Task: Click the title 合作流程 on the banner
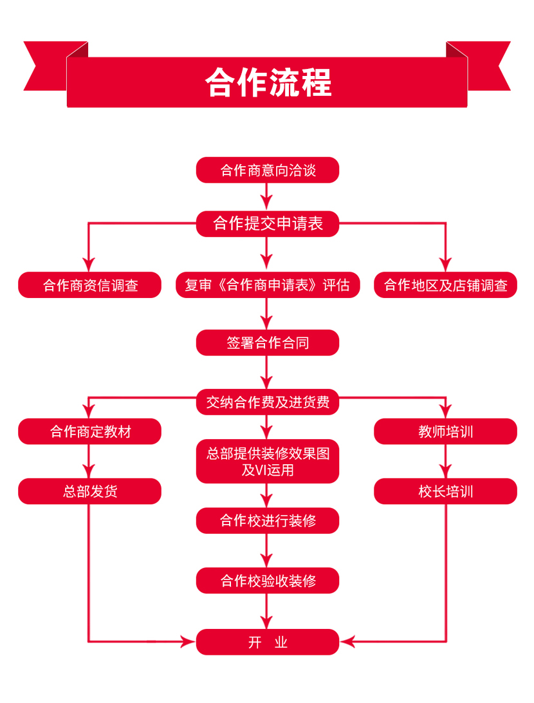point(268,82)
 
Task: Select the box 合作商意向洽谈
point(268,170)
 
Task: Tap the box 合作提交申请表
point(268,223)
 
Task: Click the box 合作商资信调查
point(89,285)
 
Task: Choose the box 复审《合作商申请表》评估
point(268,285)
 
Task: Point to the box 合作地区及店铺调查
point(445,285)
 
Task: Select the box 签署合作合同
point(268,342)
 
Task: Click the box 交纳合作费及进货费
point(268,402)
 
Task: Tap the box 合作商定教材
point(89,431)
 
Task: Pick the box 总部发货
point(89,491)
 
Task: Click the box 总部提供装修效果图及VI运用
point(268,462)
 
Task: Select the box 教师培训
point(445,431)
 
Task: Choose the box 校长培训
point(445,491)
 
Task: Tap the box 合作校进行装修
point(268,520)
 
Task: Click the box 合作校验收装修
point(268,581)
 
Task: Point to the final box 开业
point(268,642)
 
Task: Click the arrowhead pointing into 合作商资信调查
point(89,265)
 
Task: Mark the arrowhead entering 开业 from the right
point(347,641)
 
